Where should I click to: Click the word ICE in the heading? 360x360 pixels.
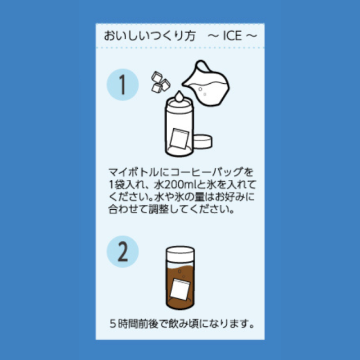click(232, 36)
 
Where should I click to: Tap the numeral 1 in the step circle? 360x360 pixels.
click(123, 84)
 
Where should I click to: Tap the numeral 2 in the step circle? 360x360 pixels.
click(123, 251)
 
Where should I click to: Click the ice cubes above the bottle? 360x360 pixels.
click(160, 82)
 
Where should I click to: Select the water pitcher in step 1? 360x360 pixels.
click(206, 83)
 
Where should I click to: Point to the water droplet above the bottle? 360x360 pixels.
click(179, 96)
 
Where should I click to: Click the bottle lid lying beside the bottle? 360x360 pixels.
click(202, 141)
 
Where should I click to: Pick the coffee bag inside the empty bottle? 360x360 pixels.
click(179, 138)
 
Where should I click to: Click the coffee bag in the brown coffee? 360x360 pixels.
click(181, 289)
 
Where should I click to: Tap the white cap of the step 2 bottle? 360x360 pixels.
click(180, 253)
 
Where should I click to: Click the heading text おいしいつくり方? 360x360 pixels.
click(150, 36)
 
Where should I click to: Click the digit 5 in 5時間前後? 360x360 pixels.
click(112, 324)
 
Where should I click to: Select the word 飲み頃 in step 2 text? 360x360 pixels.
click(184, 324)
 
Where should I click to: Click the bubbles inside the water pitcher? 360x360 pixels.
click(202, 91)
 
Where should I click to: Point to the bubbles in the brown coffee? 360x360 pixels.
click(181, 273)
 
